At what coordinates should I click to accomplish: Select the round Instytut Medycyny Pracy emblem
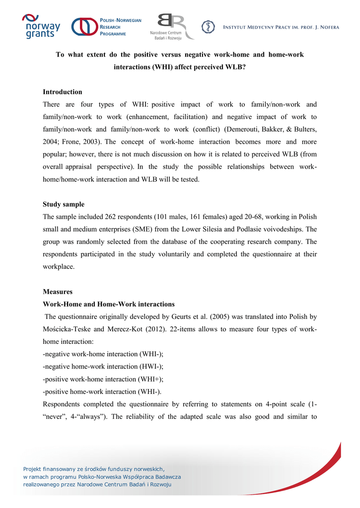(x=208, y=27)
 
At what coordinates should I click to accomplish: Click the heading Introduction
(x=63, y=92)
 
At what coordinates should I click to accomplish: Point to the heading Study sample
(x=64, y=204)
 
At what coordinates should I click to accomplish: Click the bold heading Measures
(x=58, y=292)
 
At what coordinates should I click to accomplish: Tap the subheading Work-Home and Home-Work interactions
(x=109, y=304)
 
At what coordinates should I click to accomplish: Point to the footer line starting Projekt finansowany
(x=94, y=468)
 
